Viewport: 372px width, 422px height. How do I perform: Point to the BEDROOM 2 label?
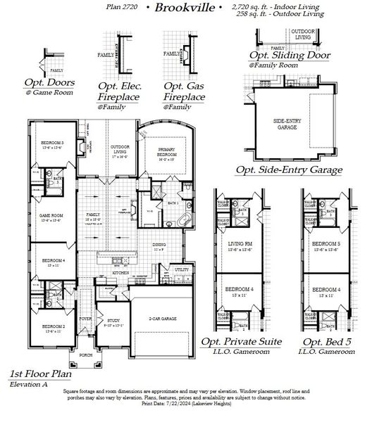pyautogui.click(x=53, y=326)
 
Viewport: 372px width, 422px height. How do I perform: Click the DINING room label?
pyautogui.click(x=178, y=246)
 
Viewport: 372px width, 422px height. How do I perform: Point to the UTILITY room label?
pyautogui.click(x=181, y=269)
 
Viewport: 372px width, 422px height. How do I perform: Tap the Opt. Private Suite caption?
pyautogui.click(x=242, y=342)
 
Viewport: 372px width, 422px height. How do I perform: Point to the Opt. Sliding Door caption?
pyautogui.click(x=289, y=56)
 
